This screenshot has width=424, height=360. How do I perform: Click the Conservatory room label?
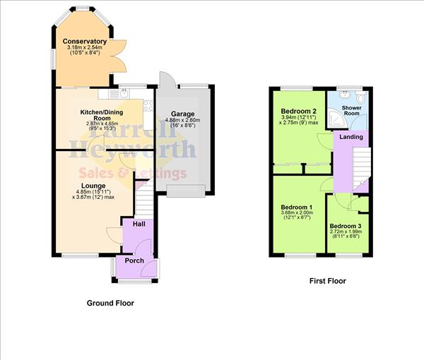tap(84, 42)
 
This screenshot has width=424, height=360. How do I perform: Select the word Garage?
tap(182, 114)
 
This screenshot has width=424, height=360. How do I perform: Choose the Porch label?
tap(134, 260)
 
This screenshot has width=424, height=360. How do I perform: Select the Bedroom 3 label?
tap(346, 227)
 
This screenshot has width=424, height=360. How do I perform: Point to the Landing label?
tap(351, 137)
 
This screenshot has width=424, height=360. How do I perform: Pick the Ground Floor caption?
tap(110, 303)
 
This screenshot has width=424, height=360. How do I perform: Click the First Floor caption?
tap(328, 281)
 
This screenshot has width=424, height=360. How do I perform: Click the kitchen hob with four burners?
tap(148, 106)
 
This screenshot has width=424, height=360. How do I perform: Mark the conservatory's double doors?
tap(117, 56)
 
